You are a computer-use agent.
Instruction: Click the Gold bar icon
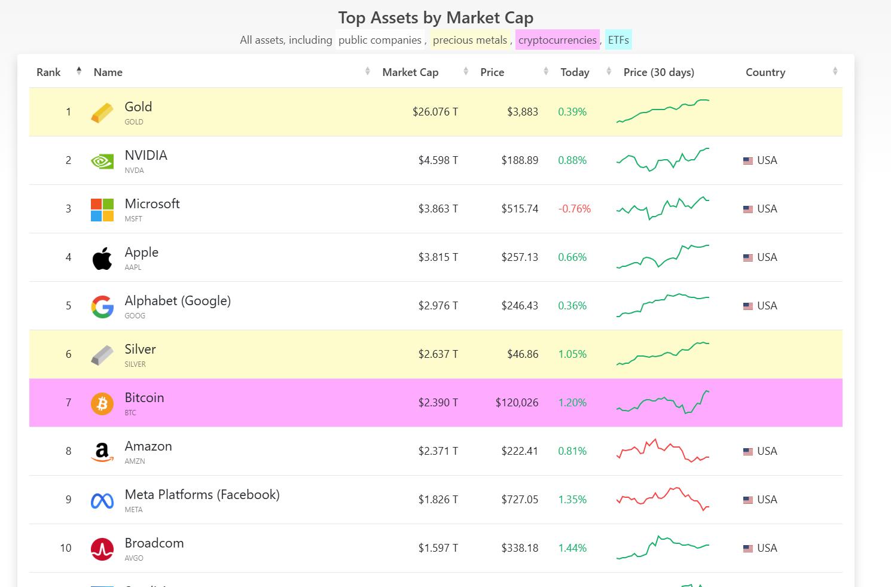(x=102, y=112)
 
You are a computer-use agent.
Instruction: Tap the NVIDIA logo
(x=102, y=161)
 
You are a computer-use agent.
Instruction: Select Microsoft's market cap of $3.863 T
(x=438, y=209)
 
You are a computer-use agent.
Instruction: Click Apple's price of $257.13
(x=520, y=257)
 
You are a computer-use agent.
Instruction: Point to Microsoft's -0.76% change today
(x=574, y=209)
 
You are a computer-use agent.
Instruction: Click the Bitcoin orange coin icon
(x=102, y=403)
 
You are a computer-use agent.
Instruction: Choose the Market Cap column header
(x=410, y=72)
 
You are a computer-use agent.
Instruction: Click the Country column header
(x=765, y=72)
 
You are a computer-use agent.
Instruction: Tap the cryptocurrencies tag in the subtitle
(x=557, y=40)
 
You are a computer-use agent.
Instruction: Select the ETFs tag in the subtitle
(x=618, y=40)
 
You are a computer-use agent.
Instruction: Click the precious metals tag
(x=469, y=40)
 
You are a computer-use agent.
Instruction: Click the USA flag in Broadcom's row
(x=747, y=548)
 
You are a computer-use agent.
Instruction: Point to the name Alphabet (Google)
(x=178, y=301)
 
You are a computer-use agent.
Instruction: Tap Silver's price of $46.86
(x=523, y=354)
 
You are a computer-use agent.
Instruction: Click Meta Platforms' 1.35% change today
(x=572, y=500)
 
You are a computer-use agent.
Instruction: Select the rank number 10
(x=66, y=548)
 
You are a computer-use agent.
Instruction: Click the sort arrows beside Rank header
(x=78, y=72)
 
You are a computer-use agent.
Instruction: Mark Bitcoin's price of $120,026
(x=517, y=403)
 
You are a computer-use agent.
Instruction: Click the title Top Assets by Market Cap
(x=435, y=18)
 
